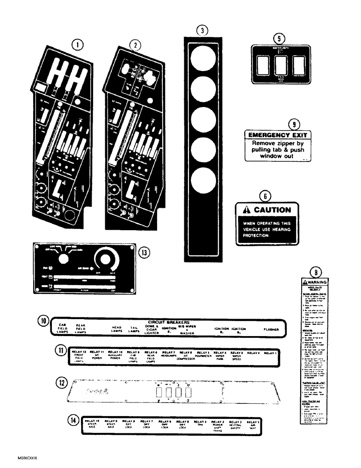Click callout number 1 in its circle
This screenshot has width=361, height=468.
(78, 45)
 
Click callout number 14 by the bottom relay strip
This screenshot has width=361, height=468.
(72, 420)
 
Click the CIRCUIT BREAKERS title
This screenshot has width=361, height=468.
(167, 322)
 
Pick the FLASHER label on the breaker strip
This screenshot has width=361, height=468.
(271, 329)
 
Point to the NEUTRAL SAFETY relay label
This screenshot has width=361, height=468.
(235, 424)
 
